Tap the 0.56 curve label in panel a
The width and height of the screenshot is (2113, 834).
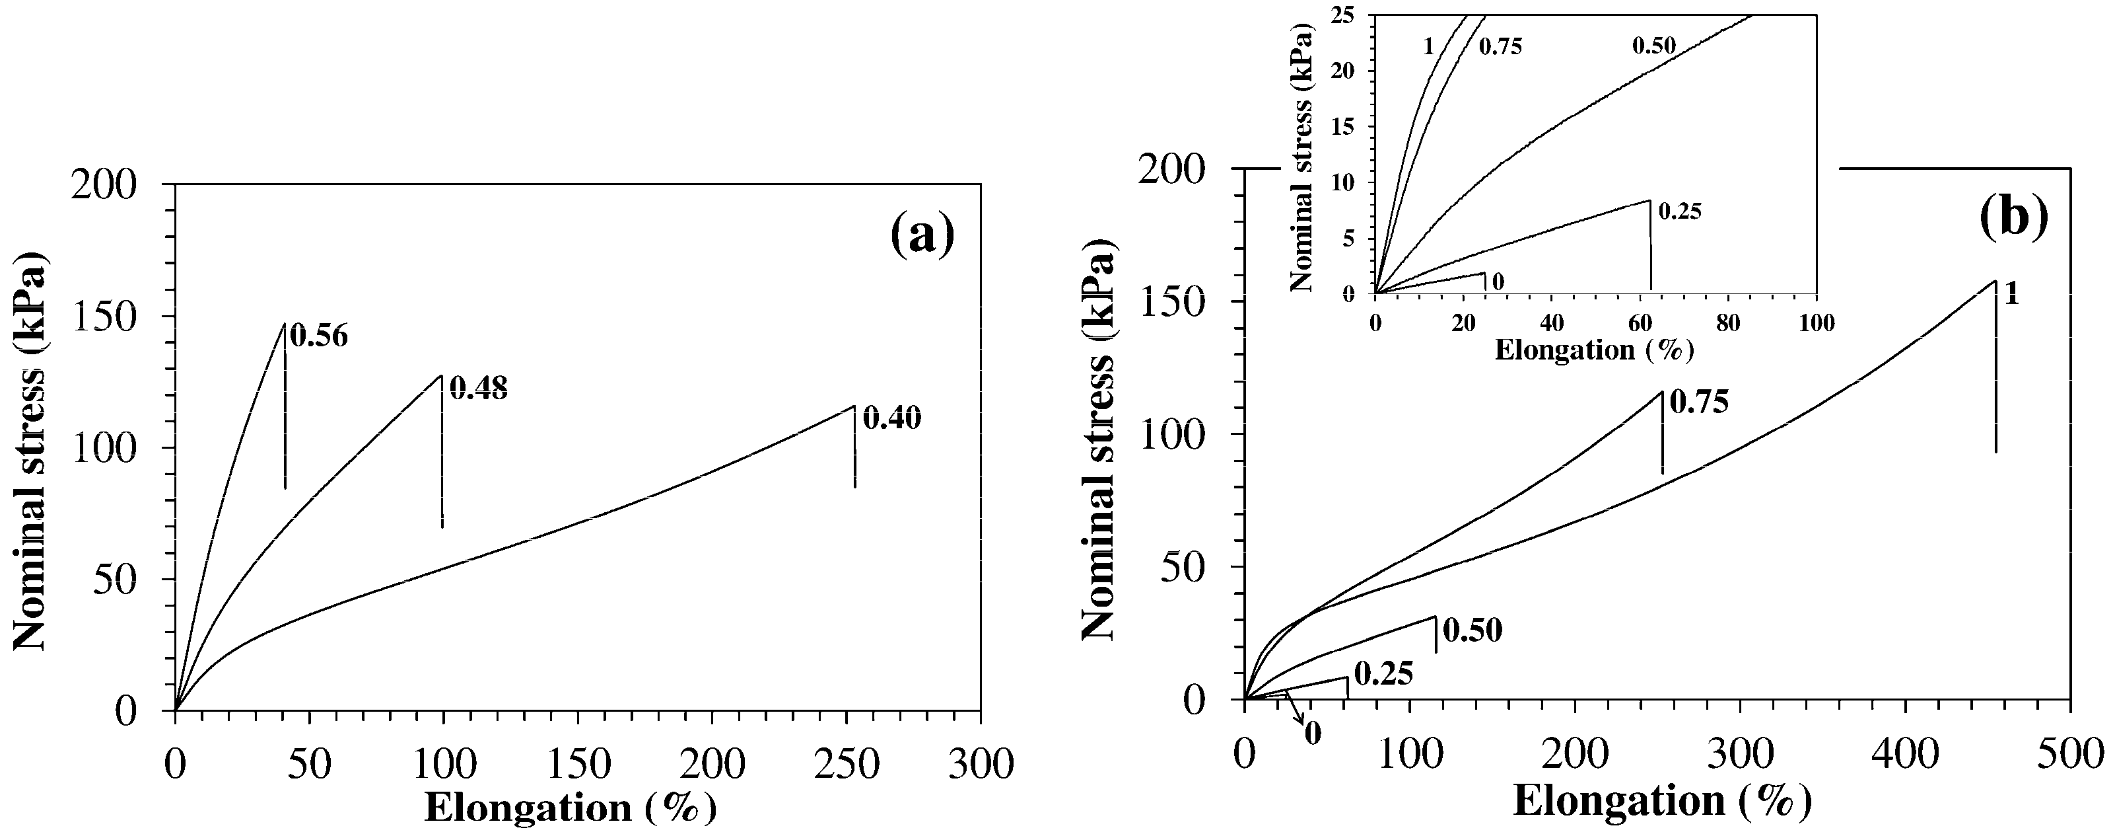click(x=320, y=336)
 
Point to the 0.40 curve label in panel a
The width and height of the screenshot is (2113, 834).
click(x=893, y=420)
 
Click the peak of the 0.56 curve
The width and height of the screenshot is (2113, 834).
click(x=284, y=323)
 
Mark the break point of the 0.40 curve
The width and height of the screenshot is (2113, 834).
click(x=854, y=406)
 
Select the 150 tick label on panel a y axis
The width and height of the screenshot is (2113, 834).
click(x=115, y=316)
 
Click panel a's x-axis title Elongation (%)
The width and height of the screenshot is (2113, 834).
click(x=570, y=808)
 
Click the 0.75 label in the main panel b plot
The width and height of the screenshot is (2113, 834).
click(x=1700, y=402)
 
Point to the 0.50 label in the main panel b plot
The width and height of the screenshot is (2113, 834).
click(x=1472, y=631)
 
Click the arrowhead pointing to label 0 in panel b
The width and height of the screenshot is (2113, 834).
click(x=1303, y=722)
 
